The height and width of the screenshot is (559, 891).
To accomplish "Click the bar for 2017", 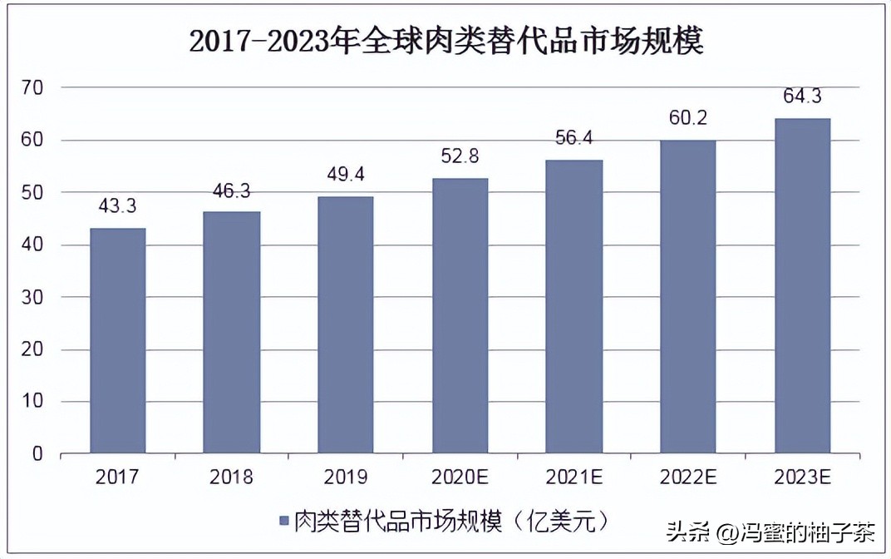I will (117, 341).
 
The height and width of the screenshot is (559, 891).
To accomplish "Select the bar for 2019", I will (345, 325).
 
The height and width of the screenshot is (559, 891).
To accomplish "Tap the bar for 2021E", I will (573, 307).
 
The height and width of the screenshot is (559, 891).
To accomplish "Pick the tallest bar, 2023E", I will (802, 286).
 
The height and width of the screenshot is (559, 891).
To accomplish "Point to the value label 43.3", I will (117, 206).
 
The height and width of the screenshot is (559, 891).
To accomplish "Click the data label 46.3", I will (231, 190).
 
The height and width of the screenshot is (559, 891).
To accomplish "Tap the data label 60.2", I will (687, 119).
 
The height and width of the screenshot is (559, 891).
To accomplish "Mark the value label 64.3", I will (802, 97).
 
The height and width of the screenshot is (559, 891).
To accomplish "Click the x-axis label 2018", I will (231, 477).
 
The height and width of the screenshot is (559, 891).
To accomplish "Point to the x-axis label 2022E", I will (687, 477).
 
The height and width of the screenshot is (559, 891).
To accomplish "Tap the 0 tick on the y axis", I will (37, 454).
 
